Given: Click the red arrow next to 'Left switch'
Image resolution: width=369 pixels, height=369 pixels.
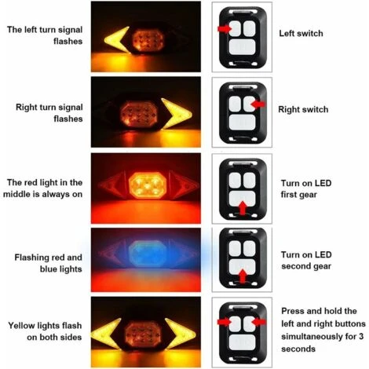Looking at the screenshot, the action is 224,28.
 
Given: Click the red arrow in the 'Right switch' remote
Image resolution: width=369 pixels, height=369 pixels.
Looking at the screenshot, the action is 258,104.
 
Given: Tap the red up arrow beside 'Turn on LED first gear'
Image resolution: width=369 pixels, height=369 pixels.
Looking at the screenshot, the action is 243,208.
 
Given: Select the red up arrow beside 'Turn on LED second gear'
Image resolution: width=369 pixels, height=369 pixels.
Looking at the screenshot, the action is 243,276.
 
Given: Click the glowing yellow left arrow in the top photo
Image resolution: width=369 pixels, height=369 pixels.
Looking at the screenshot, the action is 116,40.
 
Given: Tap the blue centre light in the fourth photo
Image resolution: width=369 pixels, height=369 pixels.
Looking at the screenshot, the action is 148,254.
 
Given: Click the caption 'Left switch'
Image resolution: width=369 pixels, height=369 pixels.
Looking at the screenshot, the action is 301,34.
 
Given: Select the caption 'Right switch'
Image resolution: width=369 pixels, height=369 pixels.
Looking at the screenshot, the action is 303,109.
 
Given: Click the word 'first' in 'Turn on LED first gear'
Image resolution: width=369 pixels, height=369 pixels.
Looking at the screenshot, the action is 290,195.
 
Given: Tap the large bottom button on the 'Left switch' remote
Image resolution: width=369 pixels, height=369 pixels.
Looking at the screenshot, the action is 242,47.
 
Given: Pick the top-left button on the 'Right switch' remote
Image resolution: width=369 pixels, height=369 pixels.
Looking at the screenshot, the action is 235,104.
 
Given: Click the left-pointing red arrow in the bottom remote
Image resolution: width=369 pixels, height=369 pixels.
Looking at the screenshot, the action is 259,322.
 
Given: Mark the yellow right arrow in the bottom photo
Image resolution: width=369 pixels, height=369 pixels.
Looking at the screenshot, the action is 180,333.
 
